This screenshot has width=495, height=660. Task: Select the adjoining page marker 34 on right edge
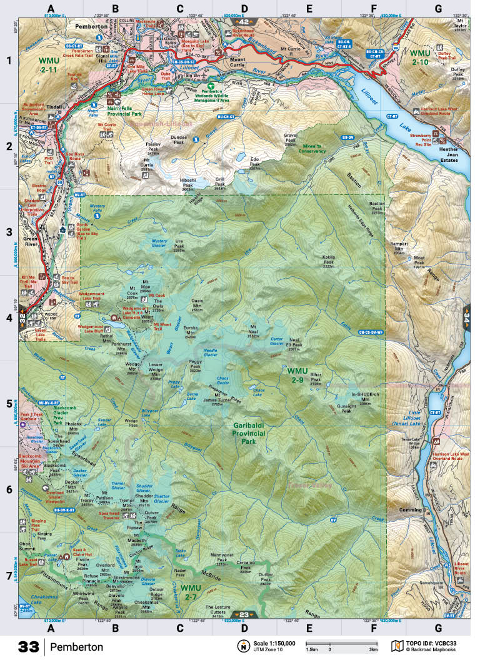click(x=466, y=316)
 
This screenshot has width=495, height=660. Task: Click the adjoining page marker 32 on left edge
click(x=22, y=316)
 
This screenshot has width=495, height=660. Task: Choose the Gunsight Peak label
click(x=346, y=407)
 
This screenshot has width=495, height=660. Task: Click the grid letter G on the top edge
click(x=437, y=9)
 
